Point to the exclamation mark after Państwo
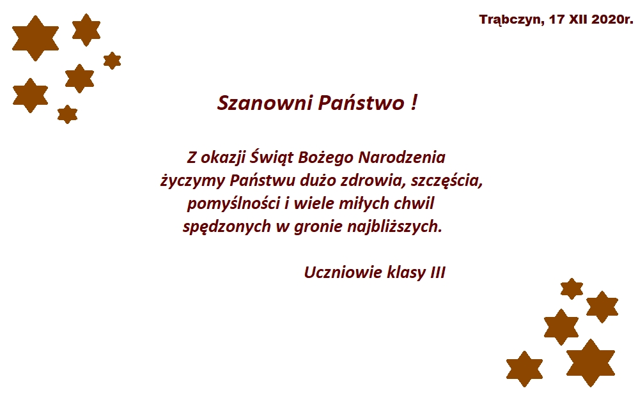414,102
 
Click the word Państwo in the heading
361,102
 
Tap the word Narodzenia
401,157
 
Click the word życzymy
192,181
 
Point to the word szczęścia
447,181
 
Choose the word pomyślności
233,203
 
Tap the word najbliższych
394,226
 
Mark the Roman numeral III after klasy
438,272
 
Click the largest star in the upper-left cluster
35,38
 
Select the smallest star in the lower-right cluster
572,289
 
